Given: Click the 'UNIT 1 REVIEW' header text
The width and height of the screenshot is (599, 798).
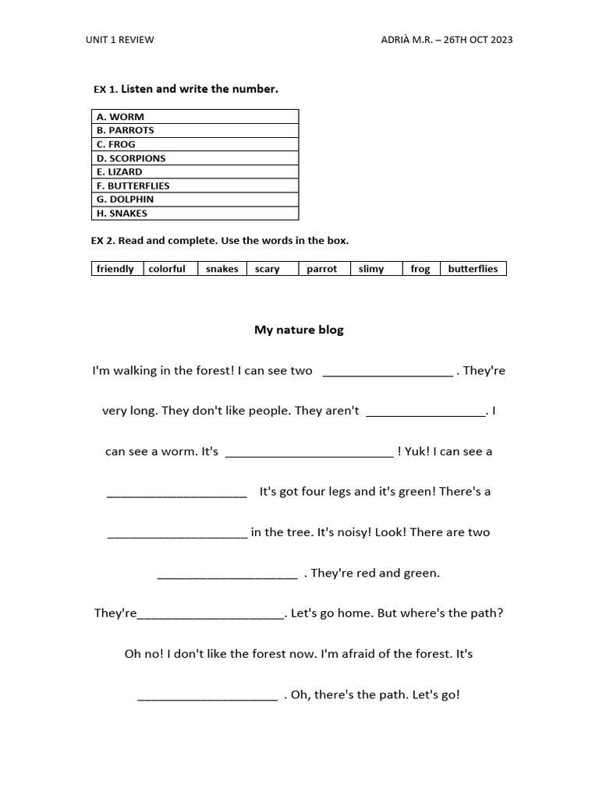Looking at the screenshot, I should point(120,40).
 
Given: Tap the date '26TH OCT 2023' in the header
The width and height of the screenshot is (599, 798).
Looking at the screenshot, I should point(478,40).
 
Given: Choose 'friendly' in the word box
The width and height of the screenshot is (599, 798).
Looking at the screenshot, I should point(115,269).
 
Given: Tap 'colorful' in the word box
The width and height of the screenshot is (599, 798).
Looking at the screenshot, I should point(167,269).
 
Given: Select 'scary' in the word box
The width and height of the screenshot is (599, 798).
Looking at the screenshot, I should point(268,269).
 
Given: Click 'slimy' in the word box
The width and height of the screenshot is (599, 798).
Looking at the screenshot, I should point(371,269).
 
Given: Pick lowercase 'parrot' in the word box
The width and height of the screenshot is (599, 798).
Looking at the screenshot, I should point(321,269).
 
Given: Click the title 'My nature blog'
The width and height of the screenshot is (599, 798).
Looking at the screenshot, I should point(299,330).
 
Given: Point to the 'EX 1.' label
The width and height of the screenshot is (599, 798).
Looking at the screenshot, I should point(105,90).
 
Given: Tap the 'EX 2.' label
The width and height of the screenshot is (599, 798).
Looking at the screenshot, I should point(103,241).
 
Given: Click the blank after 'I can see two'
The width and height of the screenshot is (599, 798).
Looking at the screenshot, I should point(387,373).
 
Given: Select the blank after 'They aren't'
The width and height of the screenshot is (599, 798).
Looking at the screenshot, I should point(425,413).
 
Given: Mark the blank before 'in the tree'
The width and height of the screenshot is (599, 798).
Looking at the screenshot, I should point(177,535).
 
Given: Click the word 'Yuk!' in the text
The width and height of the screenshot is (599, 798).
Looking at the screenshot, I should point(416,451).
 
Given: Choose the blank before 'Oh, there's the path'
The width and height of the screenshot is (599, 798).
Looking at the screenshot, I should point(207,697).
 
